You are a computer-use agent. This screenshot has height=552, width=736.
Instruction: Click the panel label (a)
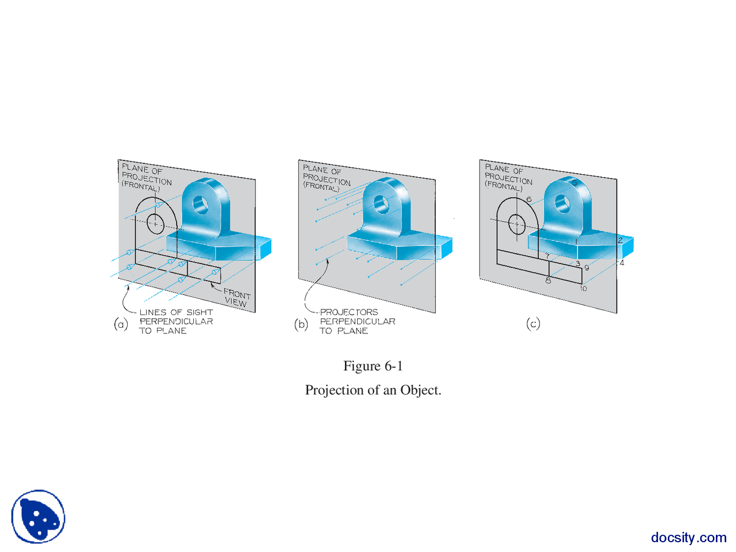[x=120, y=324]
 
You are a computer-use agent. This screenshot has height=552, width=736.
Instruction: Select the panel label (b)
[x=301, y=324]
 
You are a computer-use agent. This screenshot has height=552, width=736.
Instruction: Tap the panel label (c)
[x=533, y=324]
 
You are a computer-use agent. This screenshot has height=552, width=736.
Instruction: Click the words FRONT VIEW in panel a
[x=236, y=297]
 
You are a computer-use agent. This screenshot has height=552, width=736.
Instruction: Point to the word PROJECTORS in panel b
[x=349, y=312]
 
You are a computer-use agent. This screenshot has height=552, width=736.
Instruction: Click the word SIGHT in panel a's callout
[x=200, y=312]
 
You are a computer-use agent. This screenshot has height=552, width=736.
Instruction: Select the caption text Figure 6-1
[x=373, y=366]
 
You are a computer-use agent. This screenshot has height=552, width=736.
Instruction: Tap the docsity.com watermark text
[x=688, y=538]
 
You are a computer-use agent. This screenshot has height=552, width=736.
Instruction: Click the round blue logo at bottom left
[x=38, y=516]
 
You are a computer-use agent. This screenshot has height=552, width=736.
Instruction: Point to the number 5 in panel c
[x=574, y=183]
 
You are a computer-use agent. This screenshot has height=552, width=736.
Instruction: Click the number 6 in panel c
[x=529, y=200]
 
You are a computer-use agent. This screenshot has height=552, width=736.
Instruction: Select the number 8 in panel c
[x=548, y=281]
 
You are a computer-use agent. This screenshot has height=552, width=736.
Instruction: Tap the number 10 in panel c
[x=583, y=288]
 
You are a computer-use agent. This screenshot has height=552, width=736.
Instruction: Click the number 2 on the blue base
[x=620, y=240]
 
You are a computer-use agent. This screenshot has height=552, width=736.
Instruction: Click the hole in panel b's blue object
[x=381, y=204]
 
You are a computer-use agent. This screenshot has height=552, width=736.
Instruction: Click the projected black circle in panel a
[x=155, y=223]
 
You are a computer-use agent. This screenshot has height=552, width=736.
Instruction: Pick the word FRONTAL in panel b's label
[x=321, y=187]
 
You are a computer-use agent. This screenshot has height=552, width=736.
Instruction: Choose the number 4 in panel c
[x=622, y=263]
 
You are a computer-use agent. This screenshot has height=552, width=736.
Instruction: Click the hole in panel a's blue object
[x=200, y=204]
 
